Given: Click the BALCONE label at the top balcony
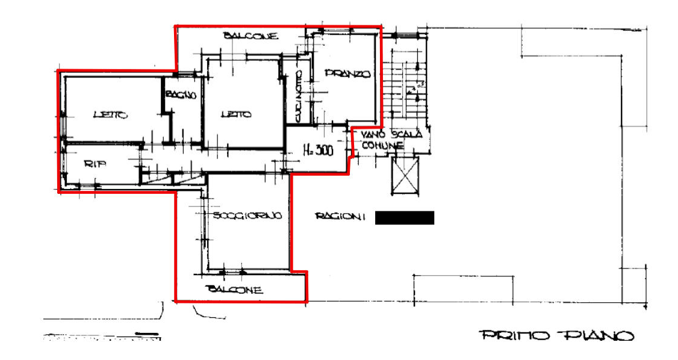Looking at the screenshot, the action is coord(253,37).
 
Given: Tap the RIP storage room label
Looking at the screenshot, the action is coord(92,163).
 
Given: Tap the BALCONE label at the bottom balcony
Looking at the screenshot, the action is coord(235,289).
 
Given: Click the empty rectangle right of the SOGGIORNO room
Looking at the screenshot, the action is coord(403,217).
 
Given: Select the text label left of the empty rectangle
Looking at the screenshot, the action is coord(340,216).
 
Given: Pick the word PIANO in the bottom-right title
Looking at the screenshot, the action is coord(592,335).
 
